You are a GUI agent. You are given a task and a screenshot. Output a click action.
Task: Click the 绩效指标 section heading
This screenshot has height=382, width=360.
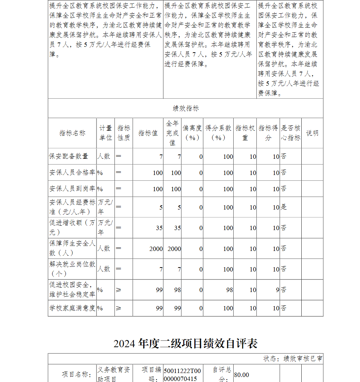tap(185, 108)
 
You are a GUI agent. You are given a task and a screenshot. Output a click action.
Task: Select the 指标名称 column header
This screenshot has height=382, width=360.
tap(72, 133)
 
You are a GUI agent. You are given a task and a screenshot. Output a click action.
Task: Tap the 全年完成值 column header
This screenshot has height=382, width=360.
tap(172, 133)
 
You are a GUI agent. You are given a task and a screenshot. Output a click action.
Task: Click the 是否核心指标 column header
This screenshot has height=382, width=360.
tap(291, 133)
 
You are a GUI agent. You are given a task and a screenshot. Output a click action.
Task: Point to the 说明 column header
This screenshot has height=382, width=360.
tap(312, 133)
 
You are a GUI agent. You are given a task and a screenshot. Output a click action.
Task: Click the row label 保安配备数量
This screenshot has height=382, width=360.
tap(69, 156)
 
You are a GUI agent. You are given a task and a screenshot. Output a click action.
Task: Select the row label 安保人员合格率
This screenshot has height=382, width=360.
tap(72, 173)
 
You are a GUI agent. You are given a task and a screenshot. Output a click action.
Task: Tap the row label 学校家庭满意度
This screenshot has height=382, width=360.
tap(72, 308)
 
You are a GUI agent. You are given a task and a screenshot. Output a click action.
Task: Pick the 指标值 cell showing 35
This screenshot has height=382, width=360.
tap(159, 228)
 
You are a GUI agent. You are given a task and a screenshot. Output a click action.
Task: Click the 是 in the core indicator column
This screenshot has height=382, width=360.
tap(284, 207)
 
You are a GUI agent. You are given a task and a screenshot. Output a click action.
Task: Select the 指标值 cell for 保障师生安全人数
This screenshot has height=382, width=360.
tap(156, 249)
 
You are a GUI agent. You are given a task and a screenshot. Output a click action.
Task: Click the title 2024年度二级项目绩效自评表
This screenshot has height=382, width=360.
tap(185, 343)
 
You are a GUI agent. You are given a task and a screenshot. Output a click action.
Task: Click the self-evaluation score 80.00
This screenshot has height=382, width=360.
tap(242, 375)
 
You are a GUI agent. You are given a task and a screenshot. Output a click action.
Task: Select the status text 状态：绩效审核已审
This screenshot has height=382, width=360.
tap(293, 359)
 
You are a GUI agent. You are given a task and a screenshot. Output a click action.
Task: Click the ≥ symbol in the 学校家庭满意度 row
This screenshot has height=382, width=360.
tap(118, 308)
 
